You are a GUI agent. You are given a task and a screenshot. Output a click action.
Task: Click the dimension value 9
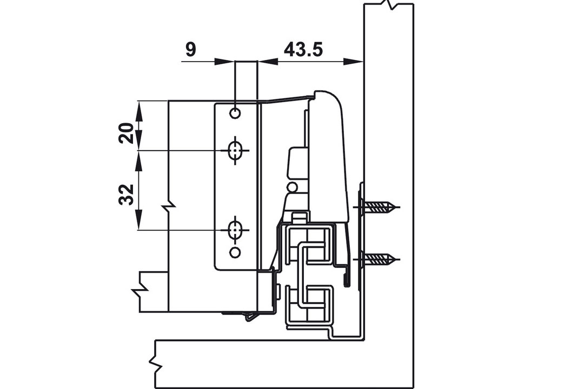tap(190, 50)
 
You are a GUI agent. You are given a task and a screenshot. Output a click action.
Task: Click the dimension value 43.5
tap(303, 49)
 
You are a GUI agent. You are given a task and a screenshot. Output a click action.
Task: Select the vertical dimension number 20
tap(127, 133)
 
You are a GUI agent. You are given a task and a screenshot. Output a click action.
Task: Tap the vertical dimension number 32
tap(127, 194)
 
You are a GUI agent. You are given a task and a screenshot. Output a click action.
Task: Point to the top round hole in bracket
tap(235, 113)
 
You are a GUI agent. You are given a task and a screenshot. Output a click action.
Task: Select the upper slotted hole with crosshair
tap(235, 150)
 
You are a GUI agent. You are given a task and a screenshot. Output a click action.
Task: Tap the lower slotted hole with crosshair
tap(235, 230)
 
